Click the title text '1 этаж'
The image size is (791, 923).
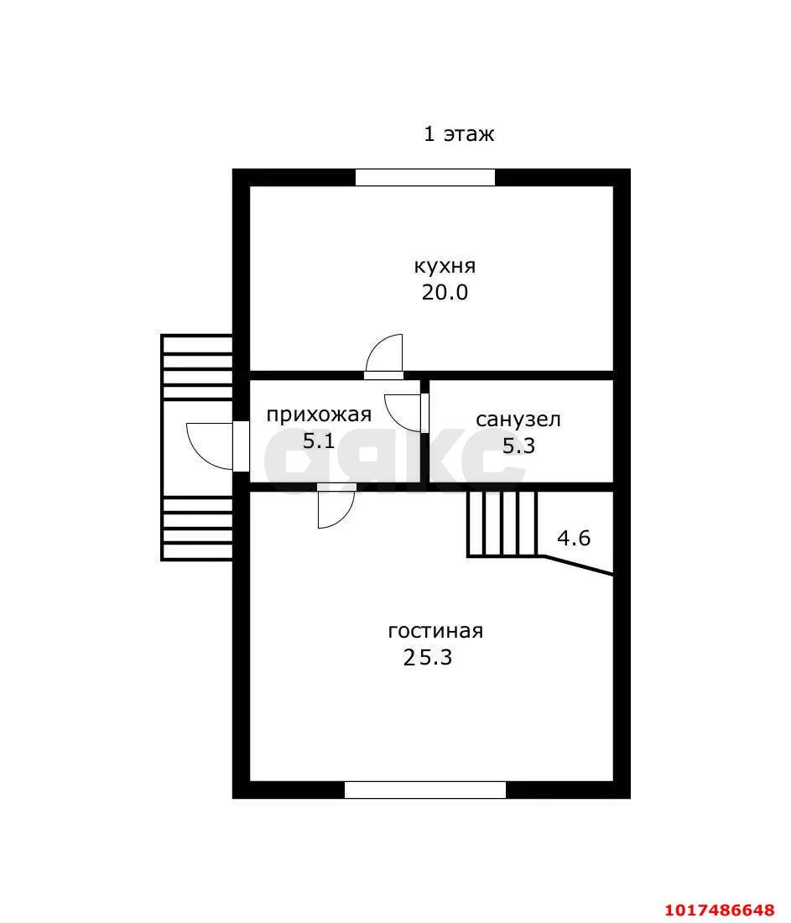tap(459, 134)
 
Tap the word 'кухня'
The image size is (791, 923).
tap(445, 266)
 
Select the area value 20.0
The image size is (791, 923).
tap(445, 293)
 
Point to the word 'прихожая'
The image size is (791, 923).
tap(319, 415)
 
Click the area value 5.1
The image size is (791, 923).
tap(319, 441)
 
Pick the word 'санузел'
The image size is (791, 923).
tap(518, 420)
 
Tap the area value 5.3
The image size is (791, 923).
tap(518, 446)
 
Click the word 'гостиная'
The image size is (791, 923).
tap(435, 631)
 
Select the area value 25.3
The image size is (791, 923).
tap(428, 657)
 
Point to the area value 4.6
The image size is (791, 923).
tap(574, 538)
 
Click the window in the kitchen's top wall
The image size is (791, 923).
tap(425, 177)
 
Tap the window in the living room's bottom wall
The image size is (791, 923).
tap(425, 790)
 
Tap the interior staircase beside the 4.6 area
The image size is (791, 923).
tap(502, 524)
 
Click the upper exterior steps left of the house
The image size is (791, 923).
tap(197, 368)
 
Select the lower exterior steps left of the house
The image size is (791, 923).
tap(197, 528)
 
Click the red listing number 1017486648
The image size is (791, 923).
tap(721, 910)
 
